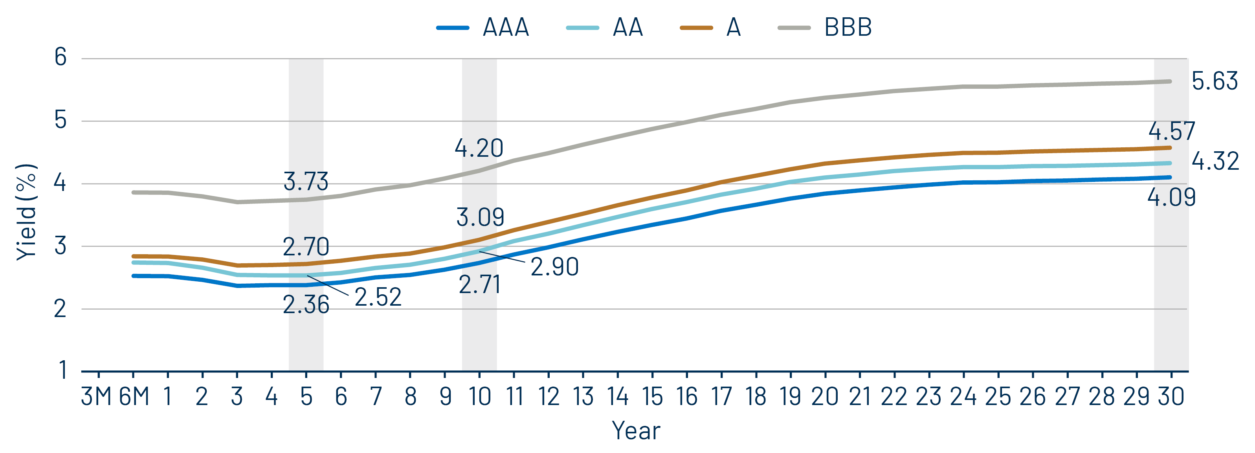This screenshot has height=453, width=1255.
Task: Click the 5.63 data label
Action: coord(1214,81)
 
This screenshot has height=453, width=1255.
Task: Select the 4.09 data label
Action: coord(1171,197)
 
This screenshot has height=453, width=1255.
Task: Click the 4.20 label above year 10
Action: coord(479,148)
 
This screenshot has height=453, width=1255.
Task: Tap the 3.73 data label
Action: coord(306,182)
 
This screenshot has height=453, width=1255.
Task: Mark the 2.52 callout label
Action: coord(378,297)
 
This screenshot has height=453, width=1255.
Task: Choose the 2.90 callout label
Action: coord(554,267)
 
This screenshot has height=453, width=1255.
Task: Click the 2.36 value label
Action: coord(306,305)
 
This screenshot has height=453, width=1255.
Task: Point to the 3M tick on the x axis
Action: coord(97,396)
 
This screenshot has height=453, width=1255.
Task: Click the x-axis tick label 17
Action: coord(721,396)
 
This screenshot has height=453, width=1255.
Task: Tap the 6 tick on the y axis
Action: coord(61,57)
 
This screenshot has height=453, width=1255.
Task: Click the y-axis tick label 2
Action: coord(61,309)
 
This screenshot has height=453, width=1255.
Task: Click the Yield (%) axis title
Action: coord(26,212)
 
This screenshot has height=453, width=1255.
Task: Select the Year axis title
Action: coord(636,431)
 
